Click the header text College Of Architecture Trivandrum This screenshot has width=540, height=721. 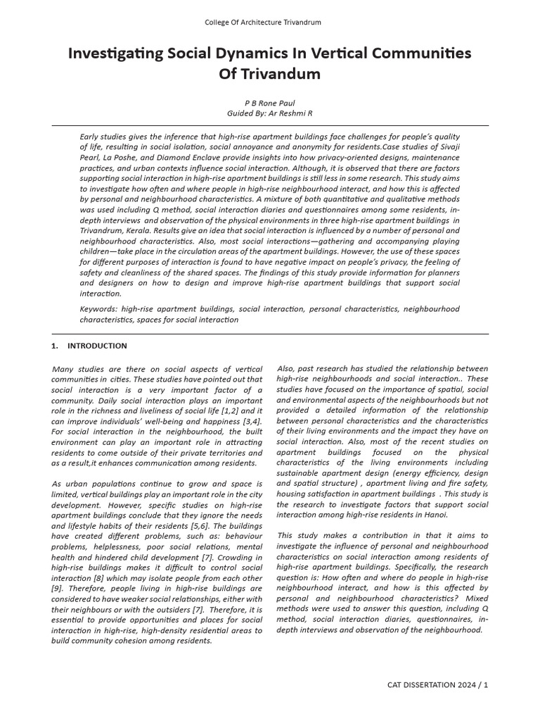click(262, 23)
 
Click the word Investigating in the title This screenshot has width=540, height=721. click(125, 54)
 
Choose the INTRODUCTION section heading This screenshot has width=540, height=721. click(97, 346)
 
